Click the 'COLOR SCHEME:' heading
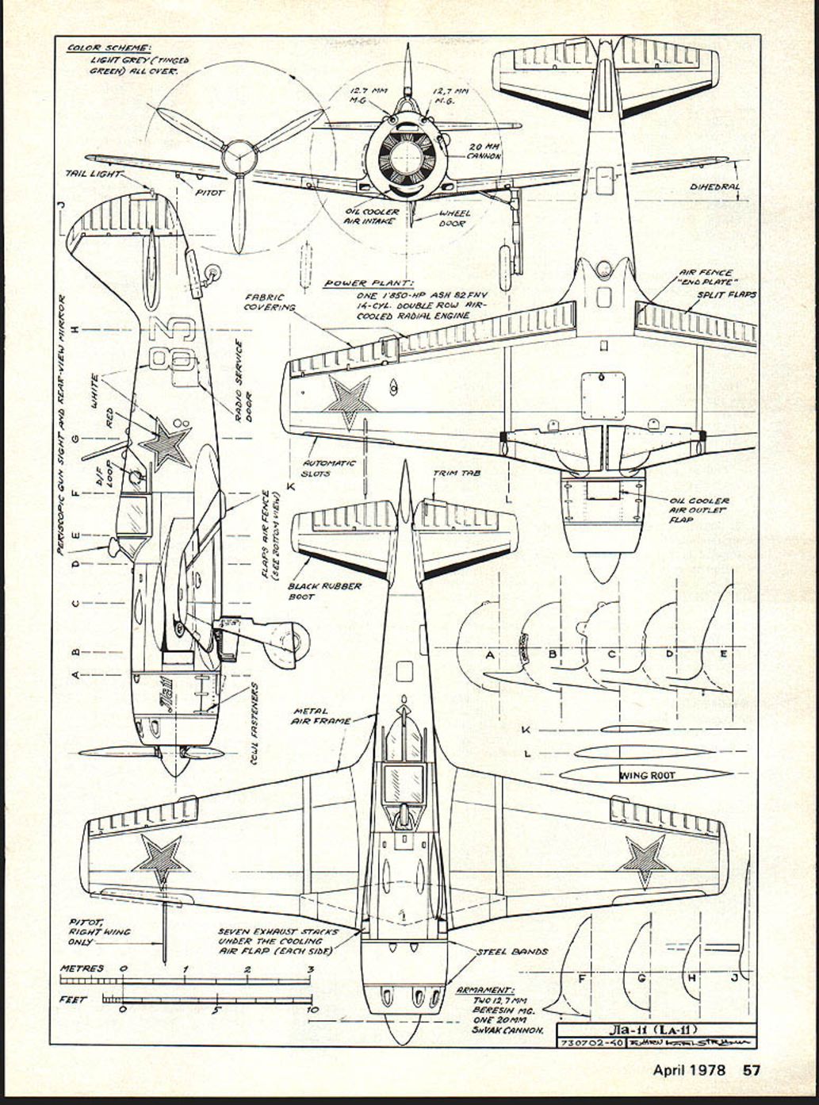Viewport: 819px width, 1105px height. tap(109, 48)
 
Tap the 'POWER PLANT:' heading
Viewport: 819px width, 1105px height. tap(369, 283)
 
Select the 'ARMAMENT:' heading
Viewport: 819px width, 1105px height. tap(485, 991)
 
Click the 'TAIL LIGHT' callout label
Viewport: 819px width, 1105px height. tap(94, 173)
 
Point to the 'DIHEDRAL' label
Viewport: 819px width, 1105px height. tap(714, 188)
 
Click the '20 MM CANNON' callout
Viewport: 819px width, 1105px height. tap(484, 152)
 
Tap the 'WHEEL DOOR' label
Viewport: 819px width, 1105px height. tap(454, 218)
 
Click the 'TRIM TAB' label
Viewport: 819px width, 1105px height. tap(457, 474)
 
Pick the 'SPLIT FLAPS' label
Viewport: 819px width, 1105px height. tap(726, 294)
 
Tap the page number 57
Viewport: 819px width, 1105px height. tap(751, 1069)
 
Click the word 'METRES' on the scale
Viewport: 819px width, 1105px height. tap(82, 969)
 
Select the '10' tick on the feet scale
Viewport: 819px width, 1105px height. tap(312, 1010)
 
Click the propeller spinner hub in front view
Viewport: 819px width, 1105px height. tap(237, 155)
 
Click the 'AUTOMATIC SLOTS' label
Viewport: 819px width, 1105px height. tap(330, 468)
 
